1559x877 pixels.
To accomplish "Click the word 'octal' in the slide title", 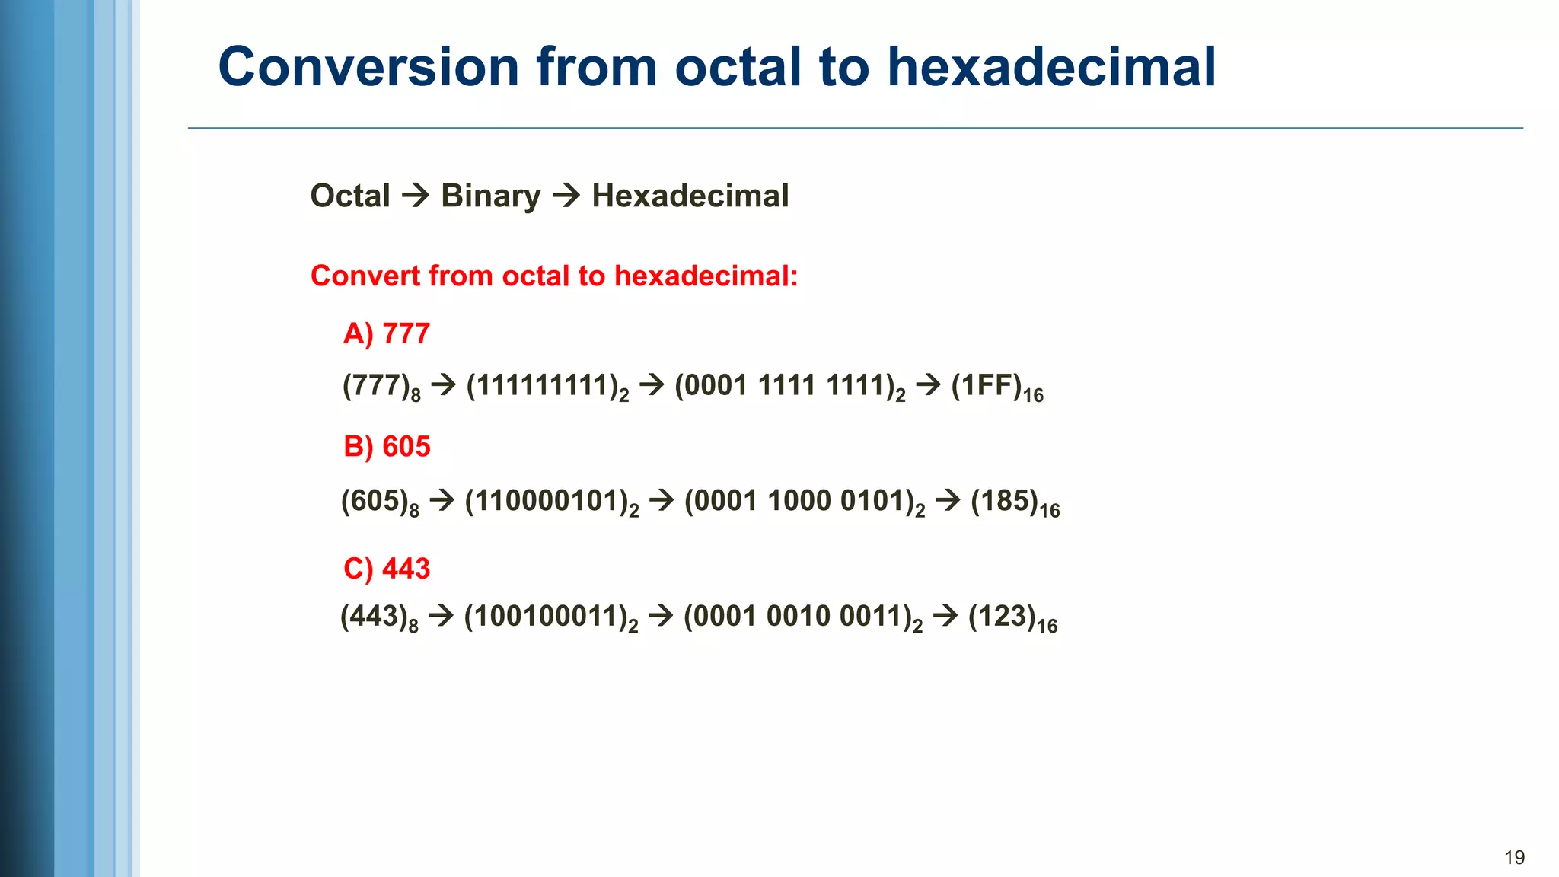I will tap(738, 67).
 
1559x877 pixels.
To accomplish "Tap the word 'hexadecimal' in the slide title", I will tap(1051, 67).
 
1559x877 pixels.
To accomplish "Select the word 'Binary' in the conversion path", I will tap(491, 196).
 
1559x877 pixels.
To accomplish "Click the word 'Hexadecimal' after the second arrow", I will tap(690, 196).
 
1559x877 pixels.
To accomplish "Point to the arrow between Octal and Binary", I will tap(416, 196).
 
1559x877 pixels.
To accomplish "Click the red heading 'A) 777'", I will tap(387, 333).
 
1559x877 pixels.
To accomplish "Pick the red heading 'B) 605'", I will tap(387, 446).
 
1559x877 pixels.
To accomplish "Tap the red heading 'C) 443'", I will tap(387, 569).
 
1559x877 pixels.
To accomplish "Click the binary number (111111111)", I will tap(547, 387).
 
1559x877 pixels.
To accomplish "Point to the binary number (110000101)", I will tap(551, 502).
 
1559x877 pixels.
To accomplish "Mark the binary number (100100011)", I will tap(550, 617).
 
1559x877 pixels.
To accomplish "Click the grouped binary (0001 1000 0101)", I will tap(805, 502).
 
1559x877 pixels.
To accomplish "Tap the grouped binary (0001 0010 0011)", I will tap(802, 617).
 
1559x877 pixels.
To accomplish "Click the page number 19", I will tap(1514, 858).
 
